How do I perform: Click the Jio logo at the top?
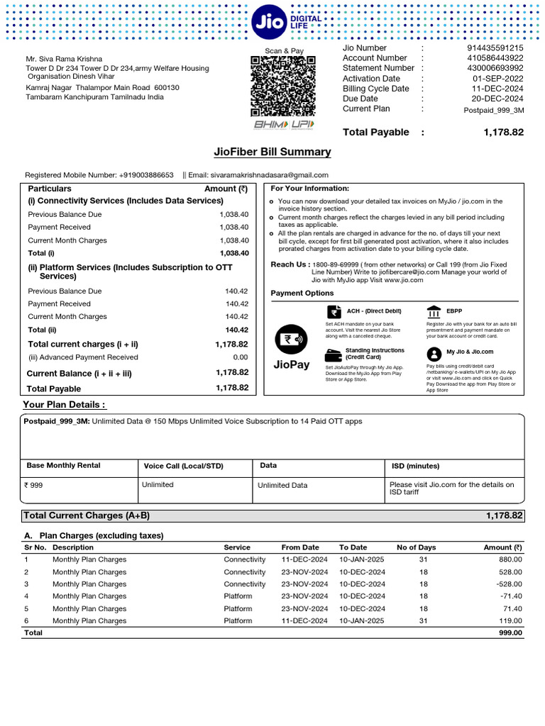(x=268, y=23)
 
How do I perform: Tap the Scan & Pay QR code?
(x=284, y=86)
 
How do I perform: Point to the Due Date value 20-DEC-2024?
(x=497, y=99)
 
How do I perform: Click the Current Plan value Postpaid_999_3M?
(x=494, y=110)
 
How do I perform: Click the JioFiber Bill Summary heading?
(x=272, y=152)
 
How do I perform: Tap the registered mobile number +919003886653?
(x=146, y=175)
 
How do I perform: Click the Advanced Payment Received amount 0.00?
(x=241, y=357)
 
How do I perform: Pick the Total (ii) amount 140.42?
(x=237, y=330)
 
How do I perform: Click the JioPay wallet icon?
(x=290, y=340)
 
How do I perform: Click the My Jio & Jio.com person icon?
(x=434, y=354)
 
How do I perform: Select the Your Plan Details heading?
(x=65, y=405)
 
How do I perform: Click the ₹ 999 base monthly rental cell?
(x=33, y=486)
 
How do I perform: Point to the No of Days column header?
(x=416, y=547)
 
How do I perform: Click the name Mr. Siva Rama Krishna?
(x=64, y=59)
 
